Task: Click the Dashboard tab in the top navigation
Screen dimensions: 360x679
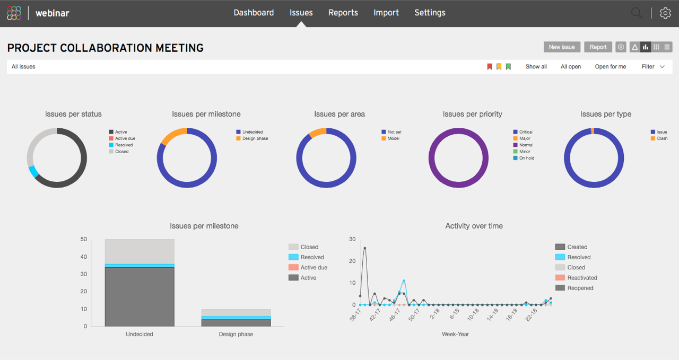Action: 254,13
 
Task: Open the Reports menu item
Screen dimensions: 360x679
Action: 343,13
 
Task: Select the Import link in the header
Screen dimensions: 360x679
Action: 386,13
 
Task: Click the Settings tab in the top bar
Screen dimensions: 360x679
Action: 430,13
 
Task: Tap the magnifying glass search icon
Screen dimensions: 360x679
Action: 637,13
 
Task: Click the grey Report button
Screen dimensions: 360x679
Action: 598,47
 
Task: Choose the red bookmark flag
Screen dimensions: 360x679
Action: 490,67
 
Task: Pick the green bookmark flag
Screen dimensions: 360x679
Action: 508,67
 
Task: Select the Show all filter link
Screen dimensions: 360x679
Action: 536,67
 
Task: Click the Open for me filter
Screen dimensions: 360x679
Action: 610,67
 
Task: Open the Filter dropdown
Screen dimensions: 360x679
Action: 652,67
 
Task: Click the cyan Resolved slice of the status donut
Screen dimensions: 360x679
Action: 33,171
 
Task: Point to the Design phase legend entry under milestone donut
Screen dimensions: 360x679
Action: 255,138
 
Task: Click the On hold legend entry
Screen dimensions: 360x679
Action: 526,158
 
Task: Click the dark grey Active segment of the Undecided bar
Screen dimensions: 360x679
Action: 140,297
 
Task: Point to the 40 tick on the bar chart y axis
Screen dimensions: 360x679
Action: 83,257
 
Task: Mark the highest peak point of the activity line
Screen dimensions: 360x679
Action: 364,248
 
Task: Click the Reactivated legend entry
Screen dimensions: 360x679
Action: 582,278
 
